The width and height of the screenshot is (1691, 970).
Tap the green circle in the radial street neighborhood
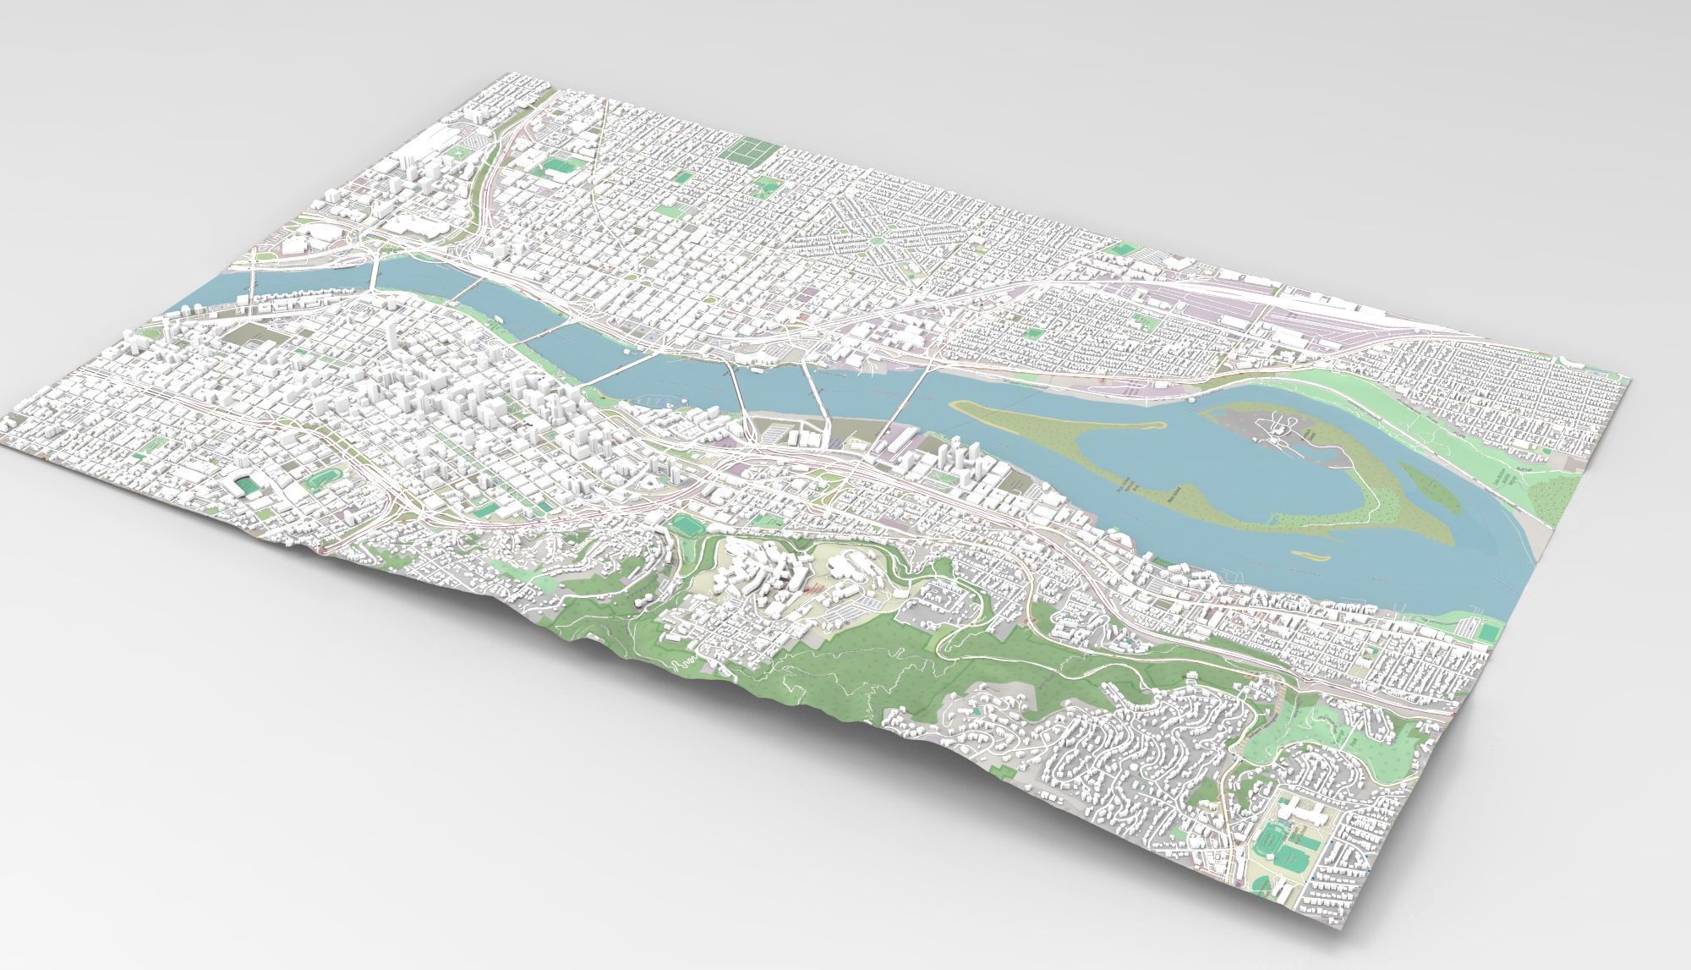877,242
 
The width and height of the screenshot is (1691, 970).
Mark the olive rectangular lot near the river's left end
245,333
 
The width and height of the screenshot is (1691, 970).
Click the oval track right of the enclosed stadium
320,483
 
